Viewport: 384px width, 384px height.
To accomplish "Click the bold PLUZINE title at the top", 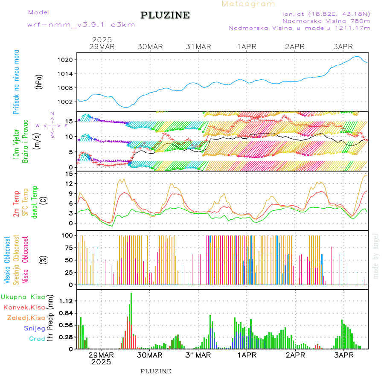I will point(165,15).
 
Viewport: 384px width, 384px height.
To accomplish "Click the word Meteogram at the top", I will point(248,4).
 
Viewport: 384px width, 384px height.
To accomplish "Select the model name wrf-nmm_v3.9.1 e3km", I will point(81,25).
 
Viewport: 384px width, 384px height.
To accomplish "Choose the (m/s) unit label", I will point(39,139).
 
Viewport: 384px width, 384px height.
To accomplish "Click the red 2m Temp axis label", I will point(16,204).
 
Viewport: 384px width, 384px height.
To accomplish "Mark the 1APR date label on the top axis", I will point(247,47).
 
